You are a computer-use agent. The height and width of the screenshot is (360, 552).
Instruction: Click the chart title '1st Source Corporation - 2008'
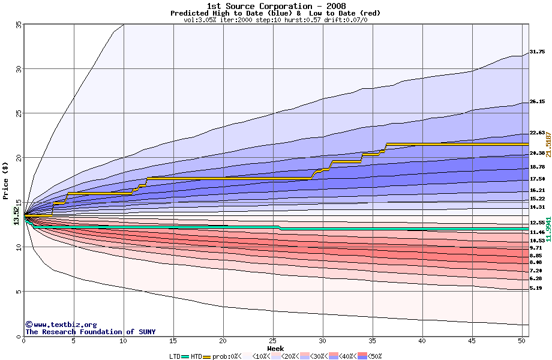click(x=276, y=6)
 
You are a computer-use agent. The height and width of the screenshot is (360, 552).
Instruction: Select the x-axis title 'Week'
click(x=275, y=349)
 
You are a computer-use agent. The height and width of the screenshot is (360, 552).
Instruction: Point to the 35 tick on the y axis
click(x=18, y=25)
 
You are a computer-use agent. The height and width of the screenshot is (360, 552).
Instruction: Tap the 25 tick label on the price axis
click(x=18, y=113)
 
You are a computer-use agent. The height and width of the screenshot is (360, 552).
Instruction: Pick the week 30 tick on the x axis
click(x=323, y=341)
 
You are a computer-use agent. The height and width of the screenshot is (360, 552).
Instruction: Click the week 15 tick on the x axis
click(x=173, y=341)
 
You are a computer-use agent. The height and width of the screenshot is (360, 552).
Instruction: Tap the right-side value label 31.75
click(x=537, y=52)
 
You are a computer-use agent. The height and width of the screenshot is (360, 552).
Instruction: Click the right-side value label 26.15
click(x=537, y=102)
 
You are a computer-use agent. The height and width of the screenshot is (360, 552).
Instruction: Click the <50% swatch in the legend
click(x=361, y=356)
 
